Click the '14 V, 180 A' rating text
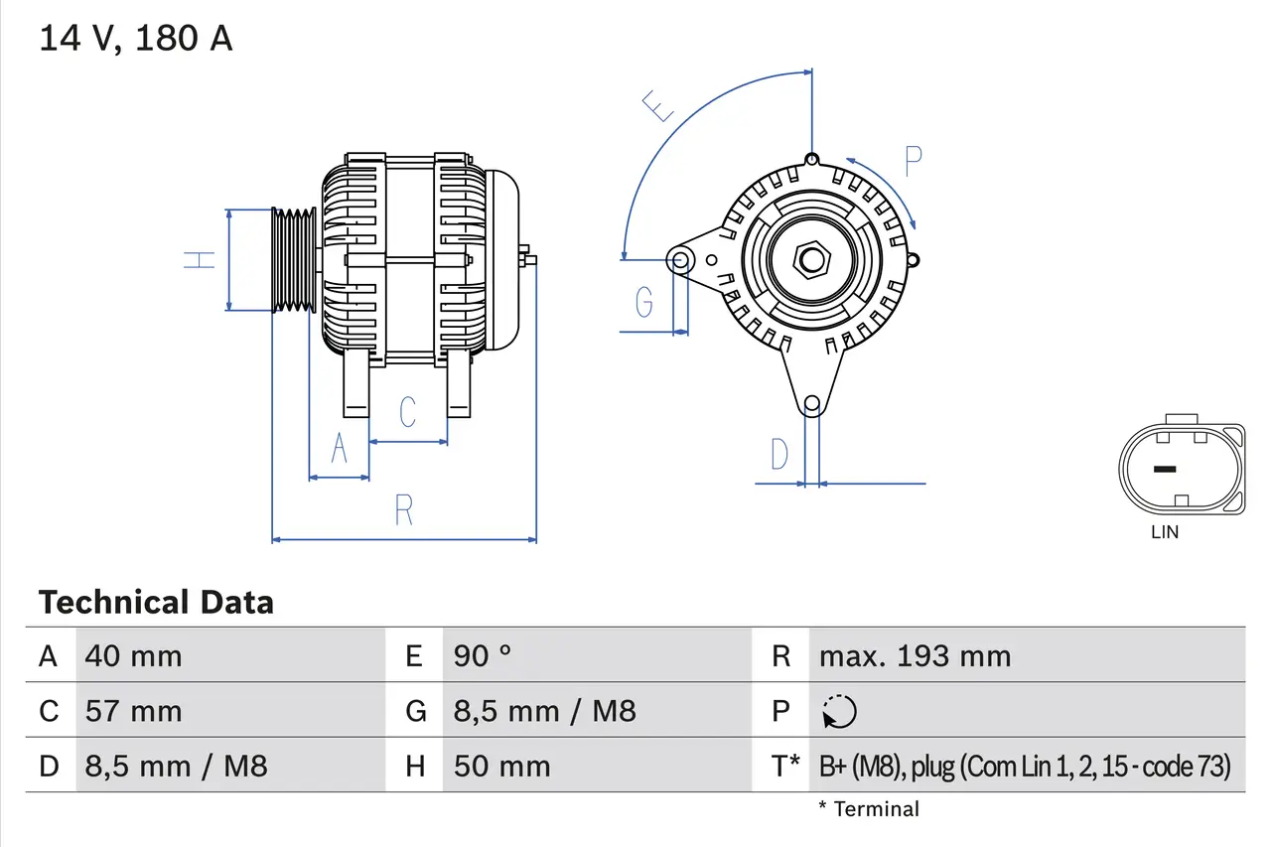pyautogui.click(x=136, y=39)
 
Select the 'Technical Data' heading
pyautogui.click(x=156, y=602)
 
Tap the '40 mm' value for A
pyautogui.click(x=134, y=655)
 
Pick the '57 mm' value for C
pyautogui.click(x=134, y=711)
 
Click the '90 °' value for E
pyautogui.click(x=483, y=655)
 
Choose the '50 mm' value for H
pyautogui.click(x=501, y=766)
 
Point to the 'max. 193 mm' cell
pyautogui.click(x=915, y=655)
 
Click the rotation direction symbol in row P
pyautogui.click(x=839, y=712)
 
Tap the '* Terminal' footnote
pyautogui.click(x=869, y=809)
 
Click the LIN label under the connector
pyautogui.click(x=1165, y=532)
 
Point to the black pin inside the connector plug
pyautogui.click(x=1164, y=470)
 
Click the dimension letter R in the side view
pyautogui.click(x=403, y=510)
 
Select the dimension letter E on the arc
pyautogui.click(x=659, y=105)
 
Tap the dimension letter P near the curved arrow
pyautogui.click(x=914, y=160)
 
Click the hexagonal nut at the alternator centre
pyautogui.click(x=811, y=261)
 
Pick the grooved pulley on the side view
pyautogui.click(x=294, y=260)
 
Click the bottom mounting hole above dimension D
pyautogui.click(x=811, y=403)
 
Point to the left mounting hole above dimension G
pyautogui.click(x=681, y=261)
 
